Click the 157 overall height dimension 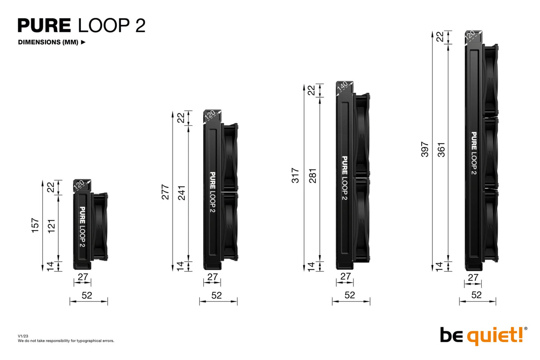36,225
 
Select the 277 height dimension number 165,191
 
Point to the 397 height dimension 425,150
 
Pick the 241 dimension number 182,192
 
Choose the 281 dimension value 312,176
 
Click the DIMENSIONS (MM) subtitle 48,43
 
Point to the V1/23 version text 23,336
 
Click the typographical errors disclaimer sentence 66,341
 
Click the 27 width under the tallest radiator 473,278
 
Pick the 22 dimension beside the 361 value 440,37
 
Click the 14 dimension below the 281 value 311,266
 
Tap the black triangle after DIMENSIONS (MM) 83,43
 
